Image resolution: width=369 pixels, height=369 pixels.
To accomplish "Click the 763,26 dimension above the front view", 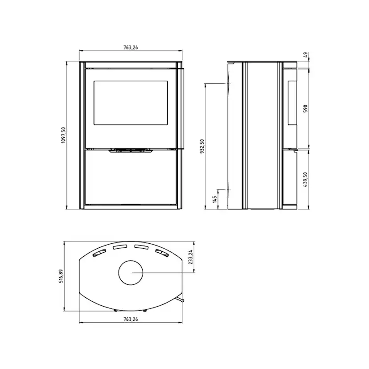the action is pos(131,47).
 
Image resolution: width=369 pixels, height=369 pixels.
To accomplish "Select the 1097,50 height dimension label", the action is pos(63,135).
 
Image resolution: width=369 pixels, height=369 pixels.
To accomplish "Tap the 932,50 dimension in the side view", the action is pos(202,146).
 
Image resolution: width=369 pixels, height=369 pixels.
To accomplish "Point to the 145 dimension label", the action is pos(214,199).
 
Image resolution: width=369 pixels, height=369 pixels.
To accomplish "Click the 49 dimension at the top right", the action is pos(305,55).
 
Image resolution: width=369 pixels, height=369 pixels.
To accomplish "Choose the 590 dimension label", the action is pos(305,109).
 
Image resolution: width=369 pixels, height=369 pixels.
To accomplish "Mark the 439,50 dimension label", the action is pos(305,180).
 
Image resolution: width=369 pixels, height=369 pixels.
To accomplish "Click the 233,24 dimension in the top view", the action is pos(191,257).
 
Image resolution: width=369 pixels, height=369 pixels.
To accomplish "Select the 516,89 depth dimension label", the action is pos(61,276).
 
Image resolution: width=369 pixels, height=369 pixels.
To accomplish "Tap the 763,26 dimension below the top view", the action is pos(131,319).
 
